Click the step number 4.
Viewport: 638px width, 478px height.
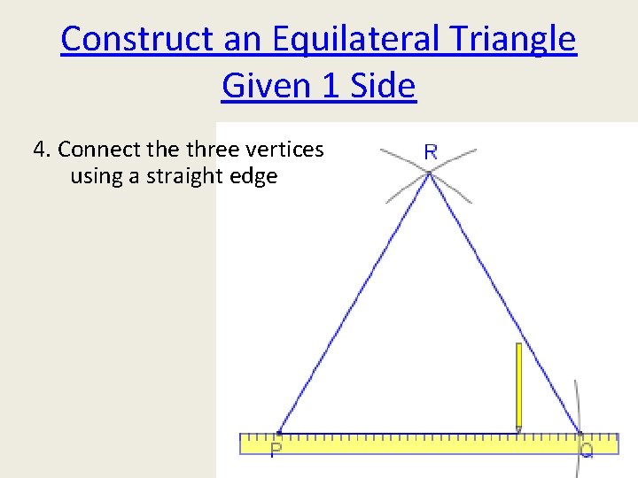click(x=39, y=149)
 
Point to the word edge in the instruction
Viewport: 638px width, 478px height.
click(x=254, y=176)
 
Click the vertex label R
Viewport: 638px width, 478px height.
click(x=430, y=151)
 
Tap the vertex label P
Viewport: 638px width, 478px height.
click(x=276, y=450)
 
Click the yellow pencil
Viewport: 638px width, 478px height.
click(x=518, y=386)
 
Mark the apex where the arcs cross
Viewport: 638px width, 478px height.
click(x=429, y=173)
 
